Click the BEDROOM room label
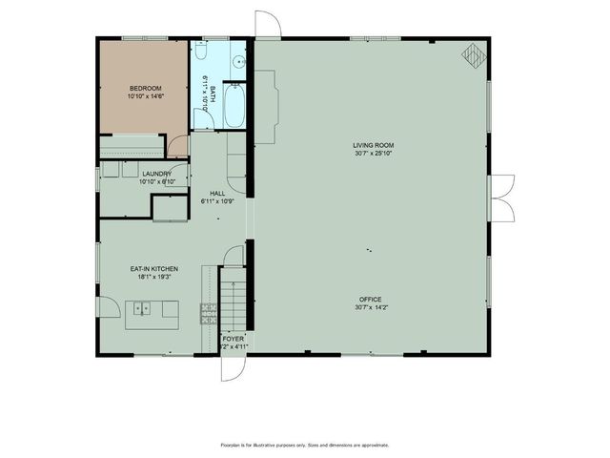[145, 88]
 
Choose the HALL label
[217, 194]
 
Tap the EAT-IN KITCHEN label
[154, 269]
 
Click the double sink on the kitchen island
[143, 308]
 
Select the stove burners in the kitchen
[208, 310]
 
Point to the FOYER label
[233, 339]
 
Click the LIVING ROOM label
[373, 145]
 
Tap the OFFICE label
[370, 299]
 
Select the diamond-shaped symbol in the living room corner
[473, 57]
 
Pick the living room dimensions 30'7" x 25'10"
[373, 153]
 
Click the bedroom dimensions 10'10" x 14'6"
[145, 95]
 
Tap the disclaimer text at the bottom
[304, 445]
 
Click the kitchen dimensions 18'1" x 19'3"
[154, 278]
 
